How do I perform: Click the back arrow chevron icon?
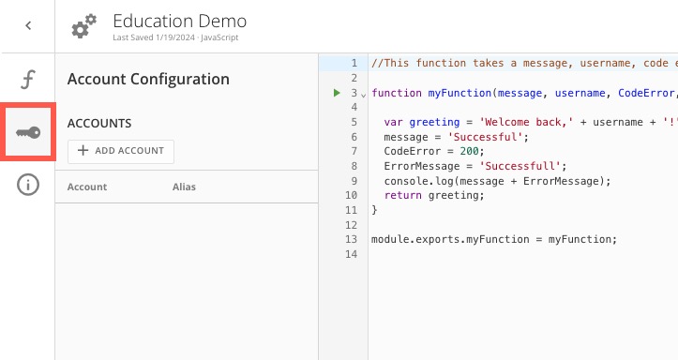tap(28, 26)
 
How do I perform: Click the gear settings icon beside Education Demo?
tap(83, 27)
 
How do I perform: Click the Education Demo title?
tap(179, 20)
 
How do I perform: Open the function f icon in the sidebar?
tap(28, 79)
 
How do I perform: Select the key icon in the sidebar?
tap(28, 132)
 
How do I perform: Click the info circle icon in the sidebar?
tap(28, 185)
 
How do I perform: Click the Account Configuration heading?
tap(148, 80)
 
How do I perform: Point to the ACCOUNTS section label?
tap(99, 123)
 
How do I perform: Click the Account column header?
tap(87, 187)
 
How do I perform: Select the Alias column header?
tap(184, 187)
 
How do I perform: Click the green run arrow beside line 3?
tap(337, 93)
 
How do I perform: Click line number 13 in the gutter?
tap(352, 239)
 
